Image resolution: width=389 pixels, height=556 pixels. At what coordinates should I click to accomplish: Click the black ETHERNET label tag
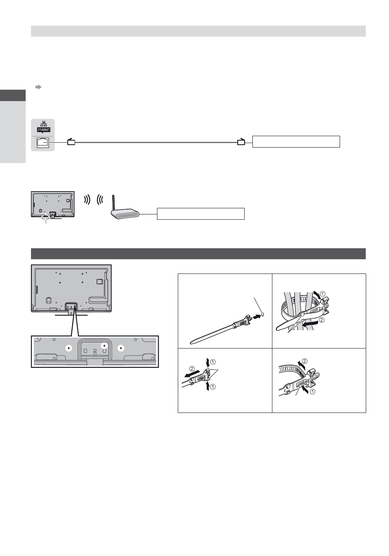[44, 130]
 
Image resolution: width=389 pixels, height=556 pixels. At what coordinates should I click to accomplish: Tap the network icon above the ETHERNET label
[44, 124]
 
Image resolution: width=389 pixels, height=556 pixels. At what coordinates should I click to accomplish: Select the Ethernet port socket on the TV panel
[43, 143]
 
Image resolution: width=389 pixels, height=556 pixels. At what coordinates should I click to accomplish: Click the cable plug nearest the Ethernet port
[71, 142]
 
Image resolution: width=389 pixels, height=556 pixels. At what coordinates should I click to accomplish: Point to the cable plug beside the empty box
[241, 142]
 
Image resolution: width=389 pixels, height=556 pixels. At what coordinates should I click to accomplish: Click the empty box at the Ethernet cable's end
[296, 141]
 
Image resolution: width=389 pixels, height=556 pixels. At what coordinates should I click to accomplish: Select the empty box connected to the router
[201, 214]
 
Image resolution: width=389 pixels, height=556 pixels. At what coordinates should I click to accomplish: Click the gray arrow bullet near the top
[38, 87]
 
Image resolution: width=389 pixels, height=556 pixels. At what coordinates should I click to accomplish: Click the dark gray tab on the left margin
[13, 95]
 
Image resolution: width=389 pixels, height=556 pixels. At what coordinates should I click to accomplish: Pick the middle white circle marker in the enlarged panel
[104, 345]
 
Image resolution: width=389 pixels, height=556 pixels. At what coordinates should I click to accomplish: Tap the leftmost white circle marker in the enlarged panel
[69, 348]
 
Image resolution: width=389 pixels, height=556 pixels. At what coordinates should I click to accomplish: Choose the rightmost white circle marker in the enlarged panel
[121, 348]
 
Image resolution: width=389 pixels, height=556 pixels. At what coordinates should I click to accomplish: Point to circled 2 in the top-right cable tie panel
[321, 320]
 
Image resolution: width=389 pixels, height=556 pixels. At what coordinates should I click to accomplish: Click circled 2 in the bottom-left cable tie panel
[192, 368]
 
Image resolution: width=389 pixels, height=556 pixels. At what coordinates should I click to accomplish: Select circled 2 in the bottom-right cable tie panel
[305, 361]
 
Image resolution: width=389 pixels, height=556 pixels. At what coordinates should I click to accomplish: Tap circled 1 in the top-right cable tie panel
[323, 294]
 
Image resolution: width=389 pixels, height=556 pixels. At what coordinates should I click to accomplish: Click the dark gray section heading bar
[198, 254]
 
